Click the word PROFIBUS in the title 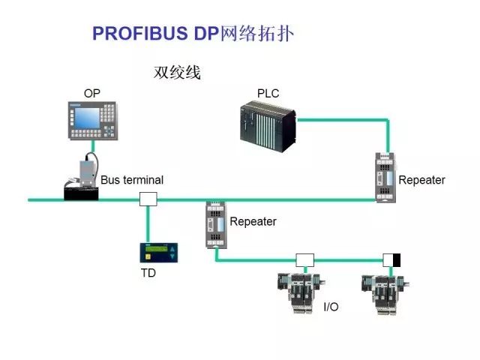140,33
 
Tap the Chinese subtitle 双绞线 177,73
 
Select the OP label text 92,93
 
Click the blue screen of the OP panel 87,118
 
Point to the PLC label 268,93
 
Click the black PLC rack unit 268,127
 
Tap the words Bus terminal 132,180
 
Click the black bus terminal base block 81,193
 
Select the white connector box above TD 148,199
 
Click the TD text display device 159,253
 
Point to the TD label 148,273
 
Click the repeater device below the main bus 216,225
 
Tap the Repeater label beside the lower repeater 253,222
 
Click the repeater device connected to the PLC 385,178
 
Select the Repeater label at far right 421,180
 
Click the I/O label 331,307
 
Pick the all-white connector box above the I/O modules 305,260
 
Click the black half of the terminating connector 397,260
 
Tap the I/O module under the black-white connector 385,295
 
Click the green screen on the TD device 157,249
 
